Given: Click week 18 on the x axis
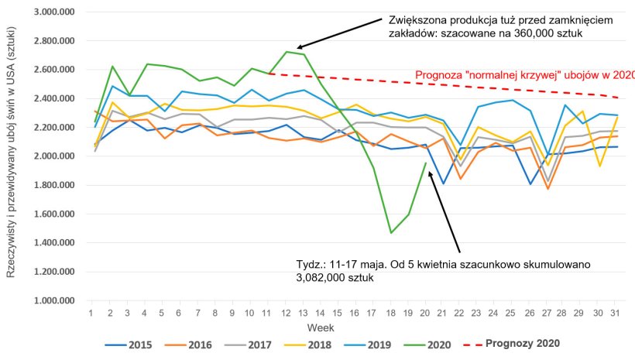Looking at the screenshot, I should click(x=391, y=313).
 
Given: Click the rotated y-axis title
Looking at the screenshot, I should click(x=12, y=155).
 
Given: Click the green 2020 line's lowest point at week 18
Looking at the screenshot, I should click(x=391, y=232).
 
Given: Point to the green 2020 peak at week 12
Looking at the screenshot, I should click(x=287, y=52).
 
